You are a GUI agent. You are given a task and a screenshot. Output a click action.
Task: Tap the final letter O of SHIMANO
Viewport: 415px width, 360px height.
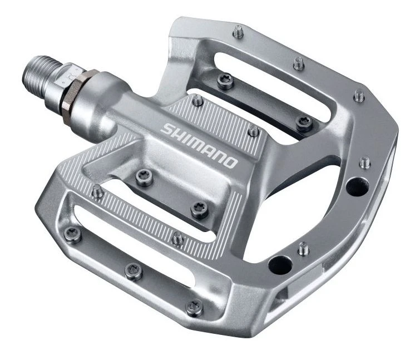coord(230,162)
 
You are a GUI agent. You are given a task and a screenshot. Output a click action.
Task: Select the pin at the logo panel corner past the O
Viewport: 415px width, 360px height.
coord(253,131)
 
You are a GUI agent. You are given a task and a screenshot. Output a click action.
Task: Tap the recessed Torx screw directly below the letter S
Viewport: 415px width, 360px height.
coord(142,177)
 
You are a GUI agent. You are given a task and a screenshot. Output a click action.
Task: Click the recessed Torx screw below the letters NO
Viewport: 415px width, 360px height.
coord(199,210)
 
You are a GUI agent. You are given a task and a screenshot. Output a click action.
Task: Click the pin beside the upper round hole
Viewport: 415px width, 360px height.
coord(365,162)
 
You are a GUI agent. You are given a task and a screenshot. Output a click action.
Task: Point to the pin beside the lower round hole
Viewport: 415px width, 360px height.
coord(303,248)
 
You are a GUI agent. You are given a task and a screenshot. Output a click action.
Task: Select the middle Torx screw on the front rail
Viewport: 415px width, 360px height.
coord(133,271)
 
